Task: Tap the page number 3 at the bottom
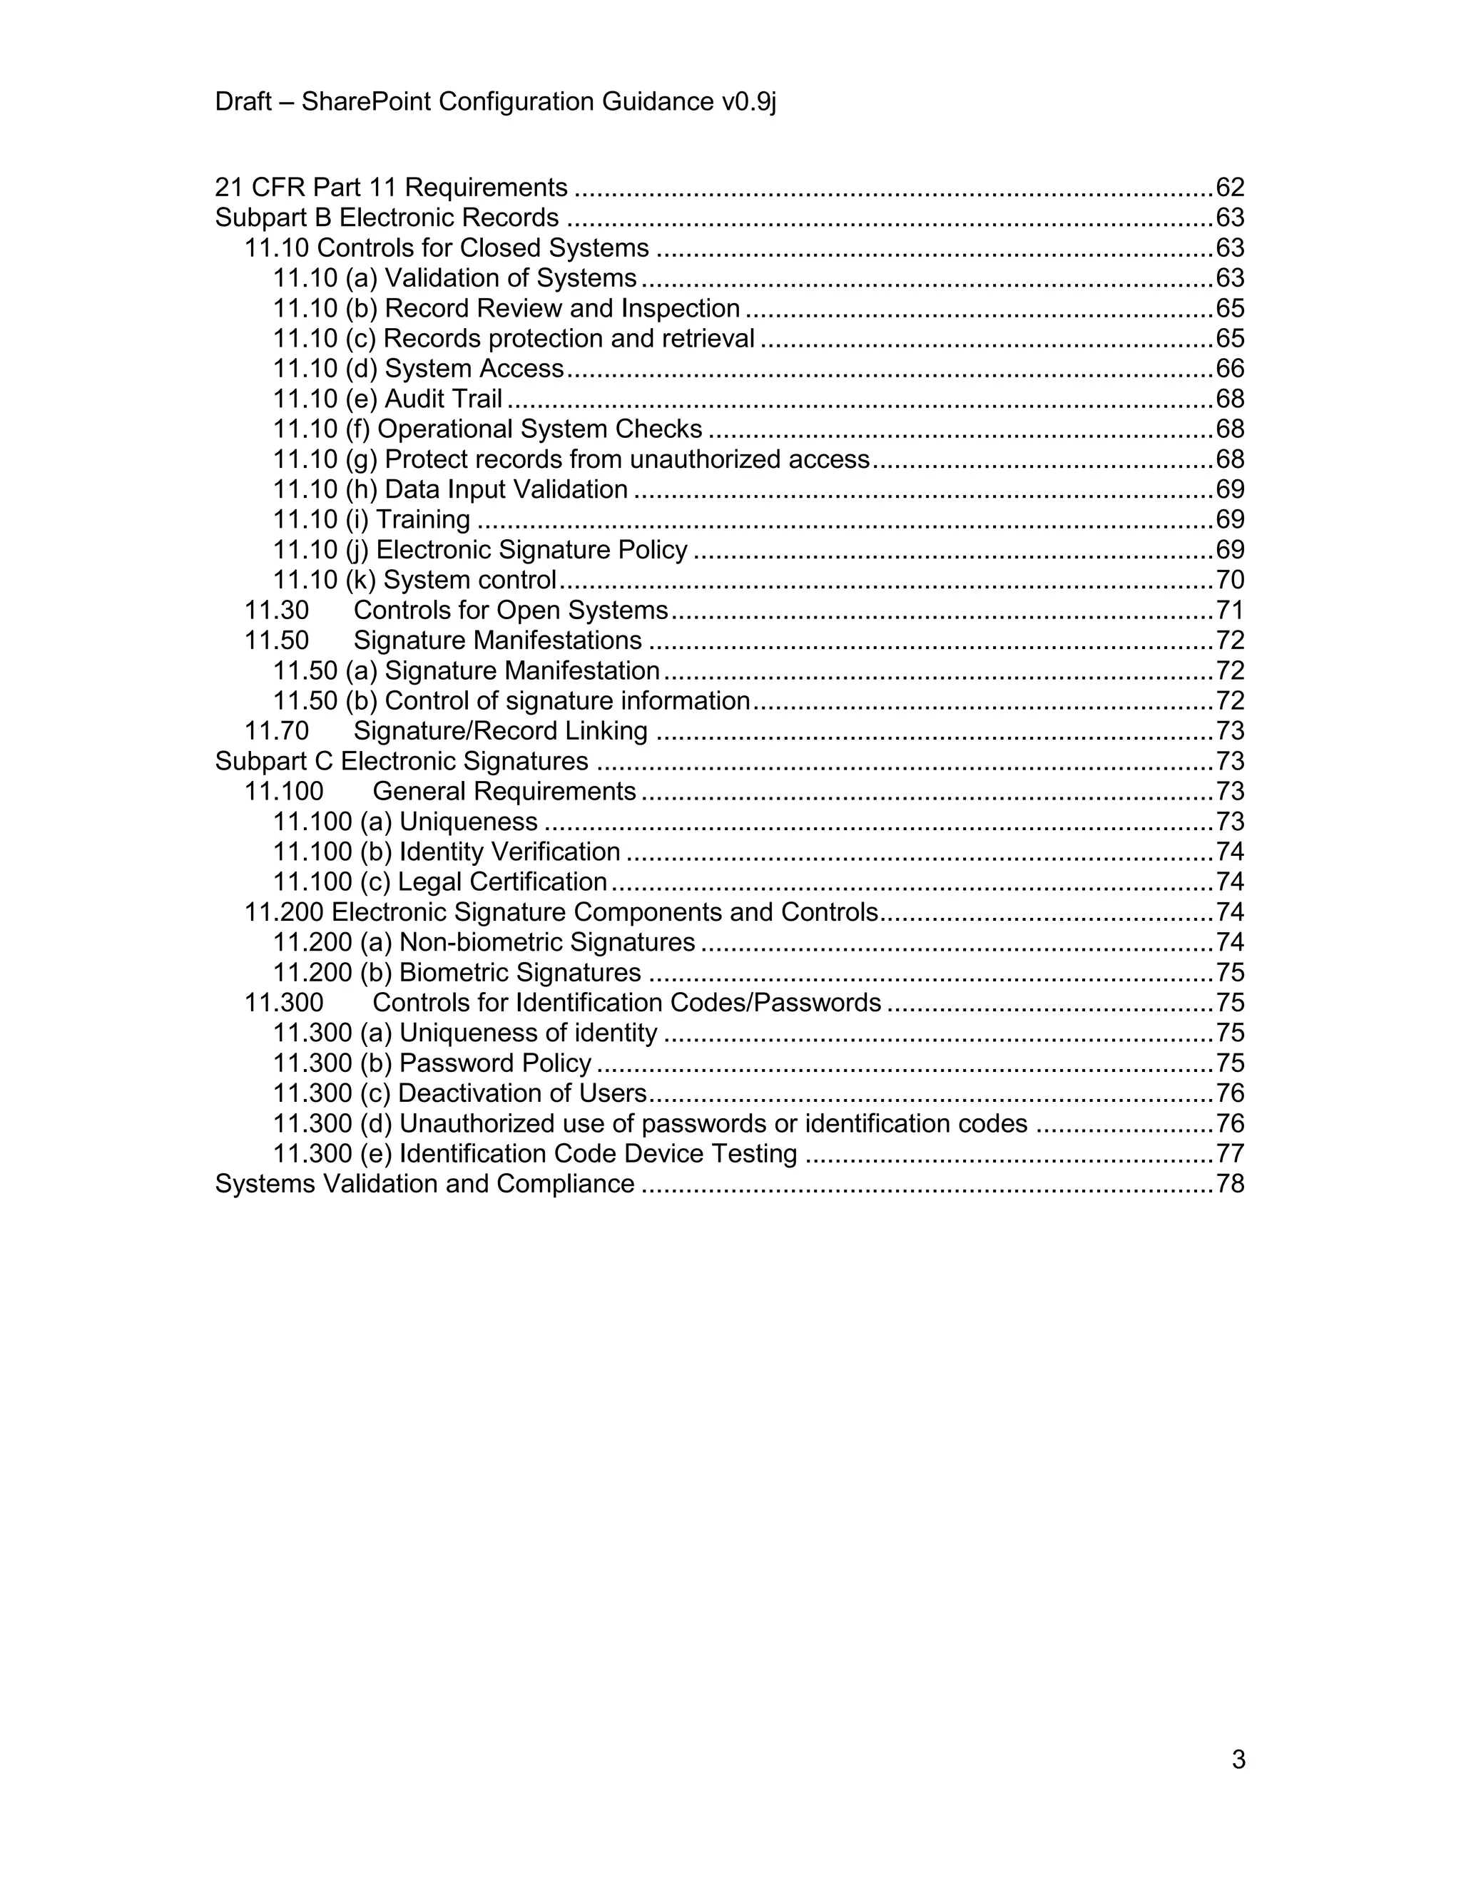pos(1238,1759)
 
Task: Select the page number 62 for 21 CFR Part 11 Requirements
pos(1230,187)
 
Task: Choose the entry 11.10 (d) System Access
pos(418,369)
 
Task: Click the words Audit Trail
pos(443,399)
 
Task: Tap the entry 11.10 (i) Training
pos(371,519)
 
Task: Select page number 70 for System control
pos(1230,580)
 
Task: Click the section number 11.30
pos(276,610)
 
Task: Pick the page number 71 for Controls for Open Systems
pos(1230,610)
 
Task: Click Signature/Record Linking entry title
pos(500,731)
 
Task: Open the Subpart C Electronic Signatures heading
pos(402,762)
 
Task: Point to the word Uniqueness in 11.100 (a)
pos(468,821)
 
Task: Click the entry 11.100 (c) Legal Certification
pos(439,882)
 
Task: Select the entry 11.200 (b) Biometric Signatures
pos(457,973)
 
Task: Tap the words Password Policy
pos(495,1063)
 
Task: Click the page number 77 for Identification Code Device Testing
pos(1230,1153)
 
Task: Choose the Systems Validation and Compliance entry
pos(424,1184)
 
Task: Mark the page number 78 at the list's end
pos(1230,1184)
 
